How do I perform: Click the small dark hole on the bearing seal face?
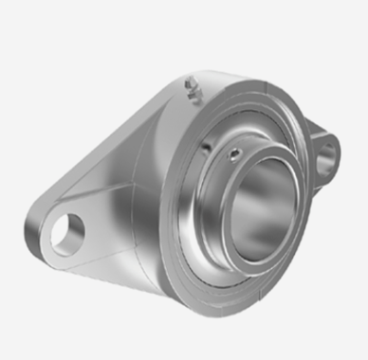[206, 149]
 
